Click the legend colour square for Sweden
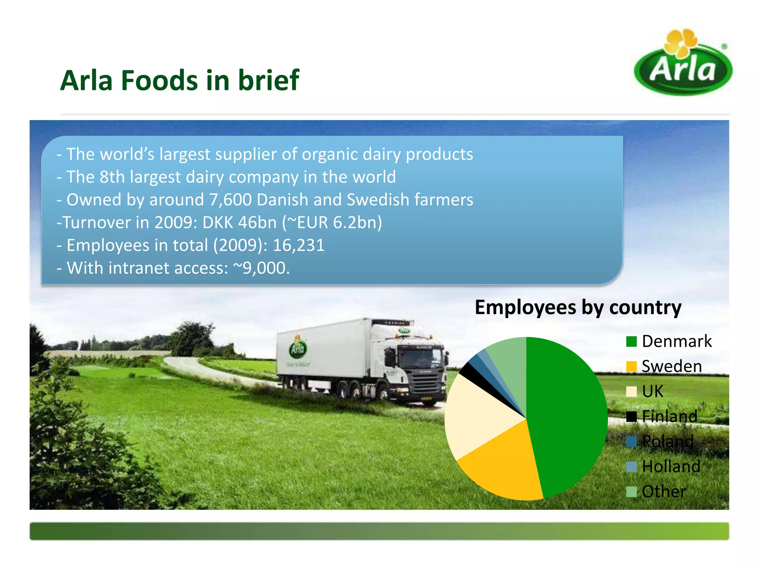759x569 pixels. [631, 366]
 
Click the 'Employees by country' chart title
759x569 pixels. [578, 307]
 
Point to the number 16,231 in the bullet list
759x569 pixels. [299, 245]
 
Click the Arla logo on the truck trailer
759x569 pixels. [297, 348]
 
